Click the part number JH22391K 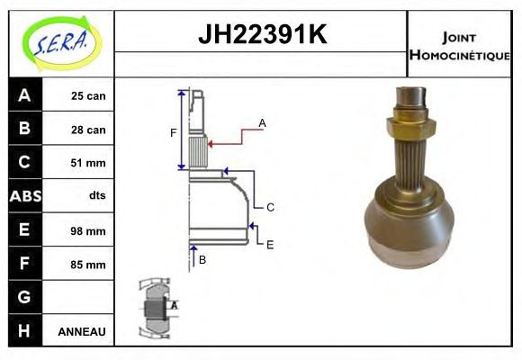click(x=261, y=35)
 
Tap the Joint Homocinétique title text click(x=459, y=44)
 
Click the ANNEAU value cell click(x=81, y=332)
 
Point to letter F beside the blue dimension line click(x=173, y=133)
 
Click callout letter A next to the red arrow click(x=262, y=122)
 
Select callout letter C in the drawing click(x=269, y=207)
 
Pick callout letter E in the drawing click(x=269, y=244)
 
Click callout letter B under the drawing click(x=202, y=260)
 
